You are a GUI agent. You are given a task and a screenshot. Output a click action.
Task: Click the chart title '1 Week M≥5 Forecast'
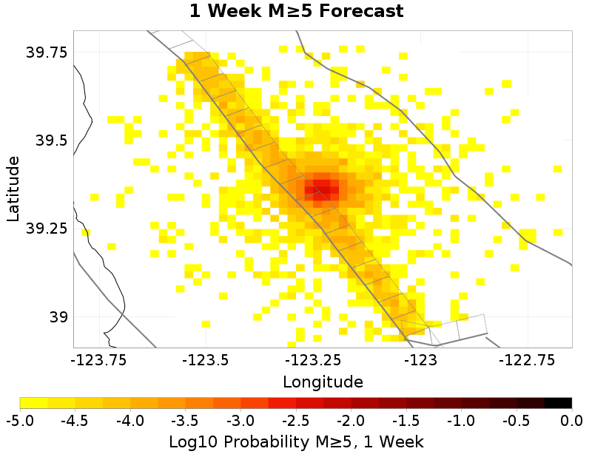(x=297, y=10)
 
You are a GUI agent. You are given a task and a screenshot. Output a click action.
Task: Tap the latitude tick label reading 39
(x=58, y=317)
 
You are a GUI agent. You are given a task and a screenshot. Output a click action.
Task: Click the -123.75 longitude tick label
(x=98, y=360)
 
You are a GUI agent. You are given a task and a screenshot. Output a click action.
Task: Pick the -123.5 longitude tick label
(x=206, y=360)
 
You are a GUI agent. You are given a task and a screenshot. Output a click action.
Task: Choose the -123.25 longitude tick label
(x=313, y=360)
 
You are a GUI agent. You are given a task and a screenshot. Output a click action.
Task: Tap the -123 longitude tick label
(x=420, y=360)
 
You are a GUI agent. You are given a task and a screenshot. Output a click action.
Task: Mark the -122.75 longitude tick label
(x=527, y=360)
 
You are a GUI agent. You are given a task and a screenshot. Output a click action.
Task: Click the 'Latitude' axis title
(x=13, y=189)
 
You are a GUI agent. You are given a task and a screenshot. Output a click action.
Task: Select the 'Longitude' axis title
(x=323, y=382)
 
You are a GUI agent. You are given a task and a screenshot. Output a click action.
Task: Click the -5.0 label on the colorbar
(x=20, y=420)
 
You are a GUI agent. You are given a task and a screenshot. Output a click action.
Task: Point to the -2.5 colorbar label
(x=296, y=420)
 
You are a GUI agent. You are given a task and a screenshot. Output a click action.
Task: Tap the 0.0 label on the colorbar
(x=571, y=420)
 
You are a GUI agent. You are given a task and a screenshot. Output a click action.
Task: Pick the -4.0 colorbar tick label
(x=130, y=420)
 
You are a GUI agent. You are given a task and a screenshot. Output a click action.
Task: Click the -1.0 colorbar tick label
(x=461, y=420)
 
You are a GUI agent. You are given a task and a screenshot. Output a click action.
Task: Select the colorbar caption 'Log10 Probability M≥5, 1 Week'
(x=296, y=441)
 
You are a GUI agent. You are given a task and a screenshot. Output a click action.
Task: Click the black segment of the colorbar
(x=559, y=403)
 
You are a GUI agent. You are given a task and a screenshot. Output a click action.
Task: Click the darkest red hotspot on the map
(x=321, y=190)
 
